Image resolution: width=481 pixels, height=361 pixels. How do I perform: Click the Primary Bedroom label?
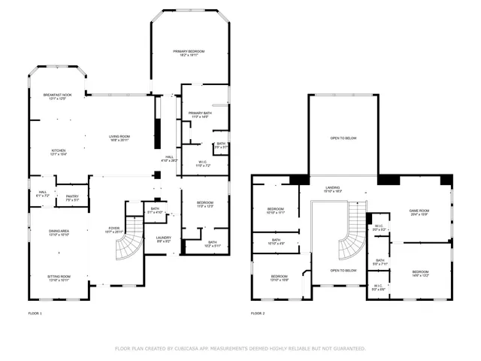coord(189,53)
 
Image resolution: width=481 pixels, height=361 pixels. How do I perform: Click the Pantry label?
coord(72,199)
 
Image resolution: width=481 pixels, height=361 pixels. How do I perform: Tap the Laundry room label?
coord(164,239)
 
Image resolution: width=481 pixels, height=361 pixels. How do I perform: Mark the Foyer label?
coord(113,229)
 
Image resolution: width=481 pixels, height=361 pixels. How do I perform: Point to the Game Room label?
coord(419,211)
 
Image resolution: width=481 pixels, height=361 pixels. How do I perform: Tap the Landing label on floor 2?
coord(333,189)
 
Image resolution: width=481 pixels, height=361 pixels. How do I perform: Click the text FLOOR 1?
coord(35,312)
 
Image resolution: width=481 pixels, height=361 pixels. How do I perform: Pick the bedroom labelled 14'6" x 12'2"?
coord(420,273)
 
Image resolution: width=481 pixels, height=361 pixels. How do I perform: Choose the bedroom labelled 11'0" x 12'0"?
coord(205,204)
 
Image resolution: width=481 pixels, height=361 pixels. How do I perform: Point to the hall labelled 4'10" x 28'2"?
coord(169,158)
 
